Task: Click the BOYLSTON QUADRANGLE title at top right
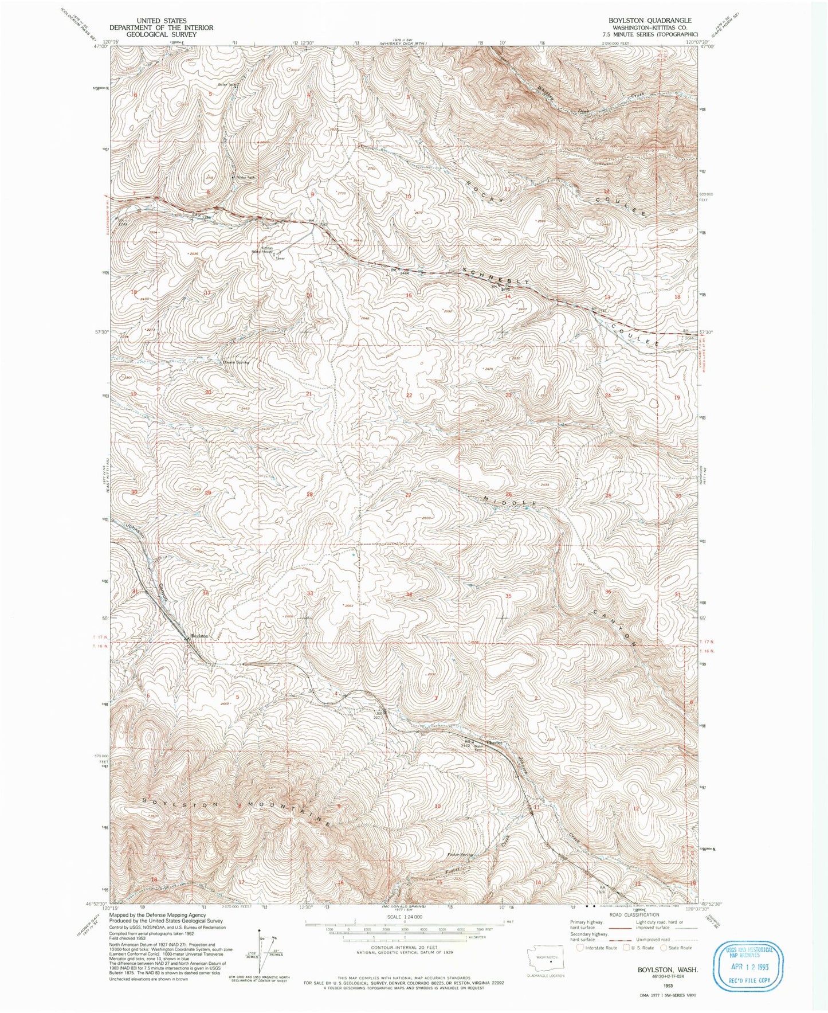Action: (642, 20)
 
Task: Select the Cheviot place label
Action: (494, 743)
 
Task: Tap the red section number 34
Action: (409, 594)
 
